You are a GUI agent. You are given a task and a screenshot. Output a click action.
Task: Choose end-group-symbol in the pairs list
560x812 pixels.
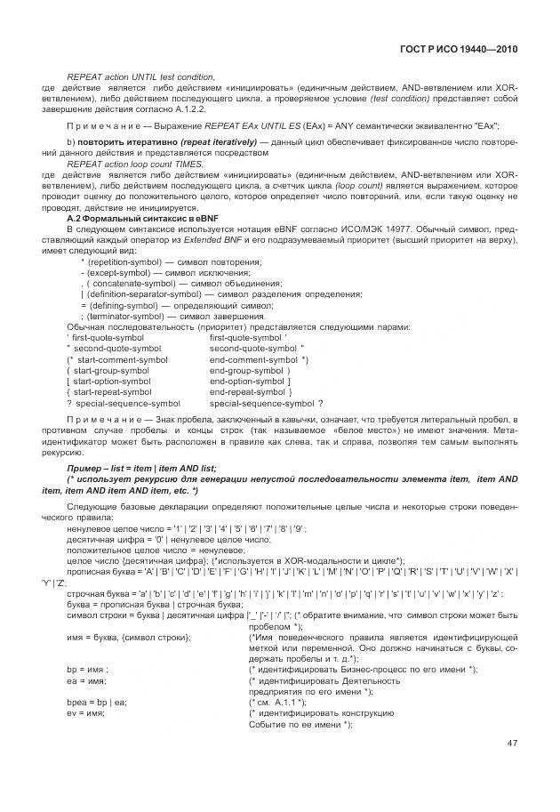coord(245,371)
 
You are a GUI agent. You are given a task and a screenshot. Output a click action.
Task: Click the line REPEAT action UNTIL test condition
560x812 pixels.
coord(141,78)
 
